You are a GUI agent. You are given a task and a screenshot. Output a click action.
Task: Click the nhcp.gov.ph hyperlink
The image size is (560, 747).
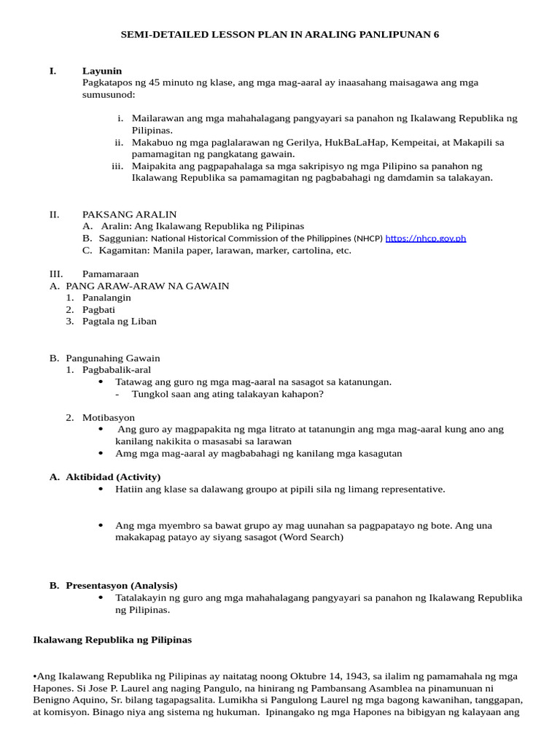coord(425,239)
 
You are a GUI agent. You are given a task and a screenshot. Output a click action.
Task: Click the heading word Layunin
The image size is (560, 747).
coord(102,71)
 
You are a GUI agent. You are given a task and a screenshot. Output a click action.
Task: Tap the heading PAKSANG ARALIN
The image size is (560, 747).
coord(129,214)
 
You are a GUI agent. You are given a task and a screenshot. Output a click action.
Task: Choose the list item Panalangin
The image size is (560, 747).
coord(106,298)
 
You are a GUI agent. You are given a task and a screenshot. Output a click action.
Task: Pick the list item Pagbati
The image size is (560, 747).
coord(98,309)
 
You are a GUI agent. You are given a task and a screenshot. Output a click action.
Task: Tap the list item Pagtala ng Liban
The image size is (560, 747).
coord(119,321)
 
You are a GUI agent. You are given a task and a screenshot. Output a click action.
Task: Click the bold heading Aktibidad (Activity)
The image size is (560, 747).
coord(113,477)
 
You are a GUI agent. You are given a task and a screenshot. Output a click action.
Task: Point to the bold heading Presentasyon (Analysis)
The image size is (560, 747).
coord(121,585)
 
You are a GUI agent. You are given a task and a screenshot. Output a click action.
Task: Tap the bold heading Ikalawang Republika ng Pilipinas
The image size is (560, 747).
coord(112,640)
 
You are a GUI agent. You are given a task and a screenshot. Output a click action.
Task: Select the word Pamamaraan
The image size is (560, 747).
coord(110,274)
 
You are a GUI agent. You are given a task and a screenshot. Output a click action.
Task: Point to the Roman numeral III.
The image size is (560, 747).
coord(56,274)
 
